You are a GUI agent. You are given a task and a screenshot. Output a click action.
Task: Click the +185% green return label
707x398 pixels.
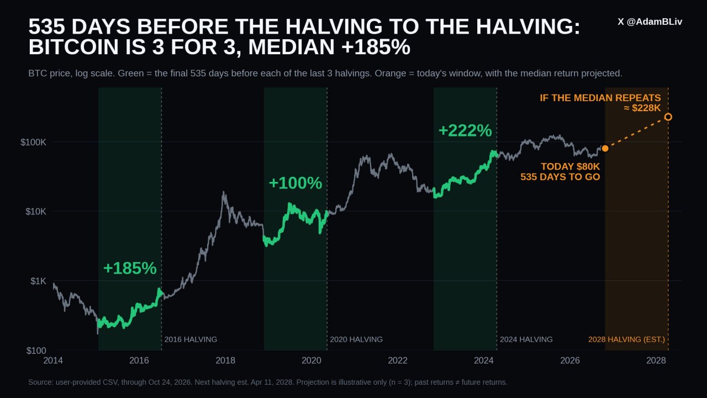(x=130, y=268)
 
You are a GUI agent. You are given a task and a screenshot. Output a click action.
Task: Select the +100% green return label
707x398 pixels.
(x=296, y=183)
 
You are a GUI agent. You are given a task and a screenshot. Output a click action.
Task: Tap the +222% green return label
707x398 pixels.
(x=465, y=130)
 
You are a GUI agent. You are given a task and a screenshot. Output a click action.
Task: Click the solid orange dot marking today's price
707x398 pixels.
(x=605, y=149)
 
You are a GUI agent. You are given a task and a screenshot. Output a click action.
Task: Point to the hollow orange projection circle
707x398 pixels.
(x=668, y=117)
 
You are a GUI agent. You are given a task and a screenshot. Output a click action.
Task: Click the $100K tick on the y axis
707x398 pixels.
(x=33, y=143)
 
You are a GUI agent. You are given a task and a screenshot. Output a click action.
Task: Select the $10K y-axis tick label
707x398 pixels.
(x=36, y=212)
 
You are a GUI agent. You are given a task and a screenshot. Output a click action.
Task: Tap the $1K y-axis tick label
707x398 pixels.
(x=38, y=281)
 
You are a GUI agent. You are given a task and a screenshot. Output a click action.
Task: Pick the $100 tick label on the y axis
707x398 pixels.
(x=36, y=350)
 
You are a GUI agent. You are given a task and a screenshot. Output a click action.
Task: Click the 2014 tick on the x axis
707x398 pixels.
(x=53, y=360)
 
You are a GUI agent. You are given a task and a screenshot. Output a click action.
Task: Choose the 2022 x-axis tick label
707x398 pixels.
(x=398, y=360)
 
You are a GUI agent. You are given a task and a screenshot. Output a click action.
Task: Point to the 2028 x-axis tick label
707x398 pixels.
(x=656, y=360)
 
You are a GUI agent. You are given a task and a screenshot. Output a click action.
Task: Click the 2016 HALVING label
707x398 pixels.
(x=191, y=339)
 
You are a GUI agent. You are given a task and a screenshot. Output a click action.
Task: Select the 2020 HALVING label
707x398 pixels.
(x=356, y=339)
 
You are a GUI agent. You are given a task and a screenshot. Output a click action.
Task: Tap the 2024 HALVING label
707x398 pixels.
(x=526, y=339)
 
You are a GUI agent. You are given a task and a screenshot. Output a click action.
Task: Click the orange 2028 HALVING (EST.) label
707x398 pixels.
(x=626, y=339)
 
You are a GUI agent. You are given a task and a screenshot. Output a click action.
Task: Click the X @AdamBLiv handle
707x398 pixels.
(x=650, y=22)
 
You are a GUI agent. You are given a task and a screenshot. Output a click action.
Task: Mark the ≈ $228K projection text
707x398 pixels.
(x=642, y=108)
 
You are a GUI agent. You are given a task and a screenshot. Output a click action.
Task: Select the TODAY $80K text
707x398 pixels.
(x=571, y=166)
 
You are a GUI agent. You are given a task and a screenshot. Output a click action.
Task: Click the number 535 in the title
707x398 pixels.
(x=47, y=26)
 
